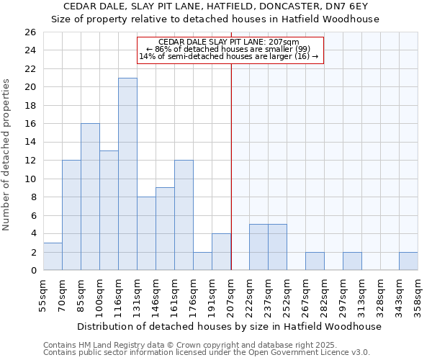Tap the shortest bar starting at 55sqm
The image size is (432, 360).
click(53, 256)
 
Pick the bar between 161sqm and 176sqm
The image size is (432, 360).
click(184, 215)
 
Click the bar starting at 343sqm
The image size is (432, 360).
click(408, 261)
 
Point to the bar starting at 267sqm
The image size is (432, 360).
click(315, 261)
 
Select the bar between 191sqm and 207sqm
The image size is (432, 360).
click(221, 252)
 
